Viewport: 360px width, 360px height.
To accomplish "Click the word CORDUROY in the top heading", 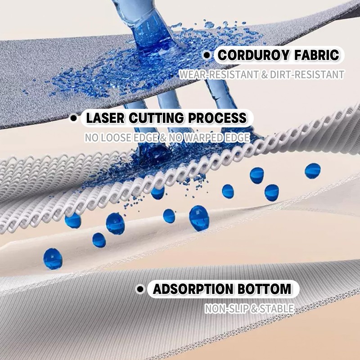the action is click(251, 55).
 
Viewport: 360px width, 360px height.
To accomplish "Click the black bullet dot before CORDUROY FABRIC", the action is click(207, 55).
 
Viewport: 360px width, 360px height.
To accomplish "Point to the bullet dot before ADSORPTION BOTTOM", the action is click(140, 289).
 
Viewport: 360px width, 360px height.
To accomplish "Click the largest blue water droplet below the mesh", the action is click(199, 218).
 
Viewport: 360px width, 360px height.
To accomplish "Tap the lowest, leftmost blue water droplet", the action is click(53, 259).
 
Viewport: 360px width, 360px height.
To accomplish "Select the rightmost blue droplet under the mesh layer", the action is click(312, 171).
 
